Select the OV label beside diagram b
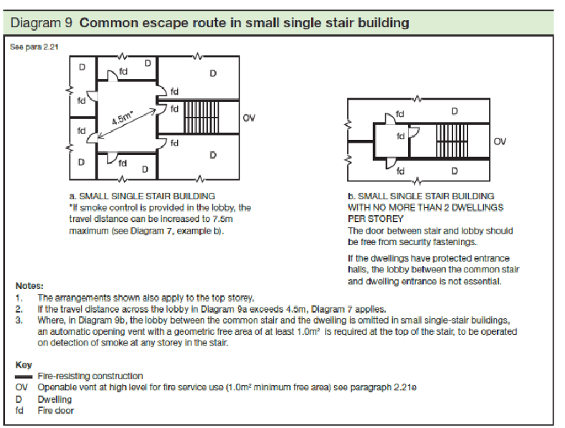[x=500, y=142]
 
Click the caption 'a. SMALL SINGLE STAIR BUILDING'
[x=141, y=195]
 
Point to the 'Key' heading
[x=23, y=364]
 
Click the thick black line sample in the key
[x=24, y=376]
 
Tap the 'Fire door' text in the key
[x=55, y=411]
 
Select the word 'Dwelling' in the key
[x=54, y=399]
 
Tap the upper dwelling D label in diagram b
[x=455, y=112]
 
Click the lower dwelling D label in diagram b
[x=455, y=171]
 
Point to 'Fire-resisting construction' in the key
[x=90, y=376]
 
